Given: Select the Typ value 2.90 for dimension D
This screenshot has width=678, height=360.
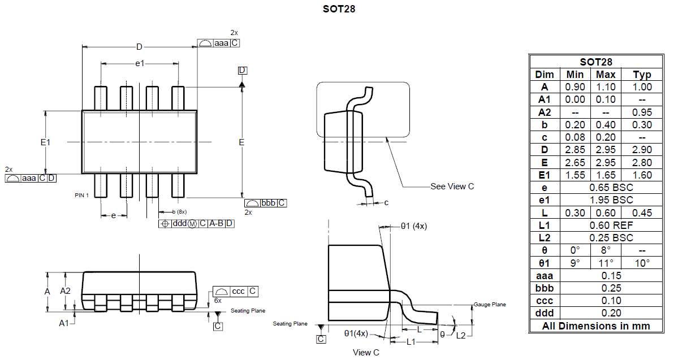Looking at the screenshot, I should click(x=642, y=150).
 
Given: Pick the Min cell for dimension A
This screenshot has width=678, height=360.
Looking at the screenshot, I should click(x=575, y=87).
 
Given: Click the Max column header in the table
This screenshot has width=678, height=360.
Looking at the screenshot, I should click(x=606, y=75).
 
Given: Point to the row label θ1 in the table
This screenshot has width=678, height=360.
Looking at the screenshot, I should click(x=544, y=263).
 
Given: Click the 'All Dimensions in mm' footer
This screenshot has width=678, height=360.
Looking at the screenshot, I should click(x=595, y=326).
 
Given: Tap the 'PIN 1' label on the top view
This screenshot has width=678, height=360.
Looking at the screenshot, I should click(x=83, y=195).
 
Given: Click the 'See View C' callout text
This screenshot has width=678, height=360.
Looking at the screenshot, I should click(x=452, y=186).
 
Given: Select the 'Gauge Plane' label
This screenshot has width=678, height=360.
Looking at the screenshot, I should click(x=490, y=305).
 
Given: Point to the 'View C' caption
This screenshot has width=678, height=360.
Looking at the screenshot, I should click(x=366, y=353).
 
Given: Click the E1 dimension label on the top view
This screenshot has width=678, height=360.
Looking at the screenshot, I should click(x=46, y=142).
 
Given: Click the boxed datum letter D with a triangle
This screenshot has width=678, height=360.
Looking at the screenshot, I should click(x=242, y=70).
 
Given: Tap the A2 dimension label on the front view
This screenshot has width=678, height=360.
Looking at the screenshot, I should click(x=66, y=291).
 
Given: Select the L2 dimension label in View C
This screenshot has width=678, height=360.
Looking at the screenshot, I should click(x=461, y=335).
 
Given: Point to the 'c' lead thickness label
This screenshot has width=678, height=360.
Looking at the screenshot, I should click(x=386, y=202).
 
